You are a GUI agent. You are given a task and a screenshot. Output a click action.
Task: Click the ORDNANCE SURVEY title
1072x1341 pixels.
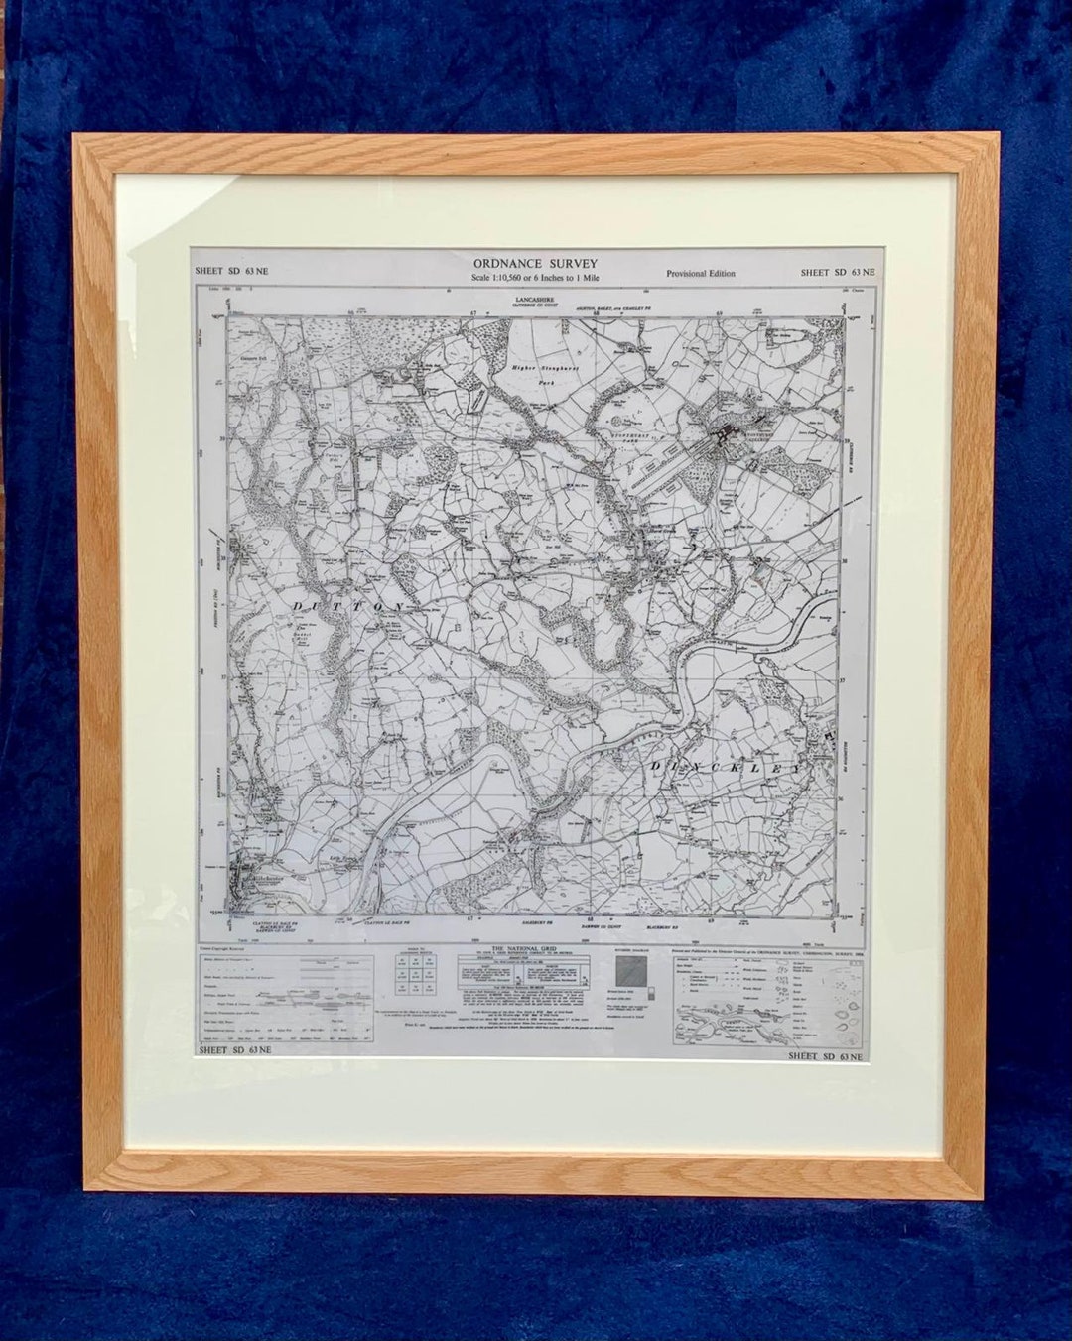(536, 262)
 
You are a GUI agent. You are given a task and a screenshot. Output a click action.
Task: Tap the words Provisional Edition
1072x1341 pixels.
(701, 274)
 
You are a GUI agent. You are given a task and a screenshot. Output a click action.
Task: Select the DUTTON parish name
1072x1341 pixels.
(347, 605)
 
